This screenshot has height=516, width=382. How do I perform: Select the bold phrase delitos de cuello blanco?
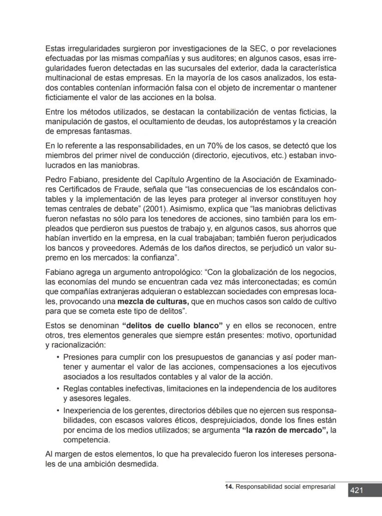(x=172, y=325)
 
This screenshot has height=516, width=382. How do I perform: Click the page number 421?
(x=356, y=491)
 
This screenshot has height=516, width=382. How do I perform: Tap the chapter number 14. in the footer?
(x=229, y=486)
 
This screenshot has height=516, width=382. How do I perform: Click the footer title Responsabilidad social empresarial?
(x=285, y=486)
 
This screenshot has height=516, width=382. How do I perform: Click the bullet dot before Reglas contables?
(x=57, y=388)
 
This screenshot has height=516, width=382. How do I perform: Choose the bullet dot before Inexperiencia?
(x=57, y=410)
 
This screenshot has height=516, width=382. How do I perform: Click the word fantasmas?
(x=115, y=131)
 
